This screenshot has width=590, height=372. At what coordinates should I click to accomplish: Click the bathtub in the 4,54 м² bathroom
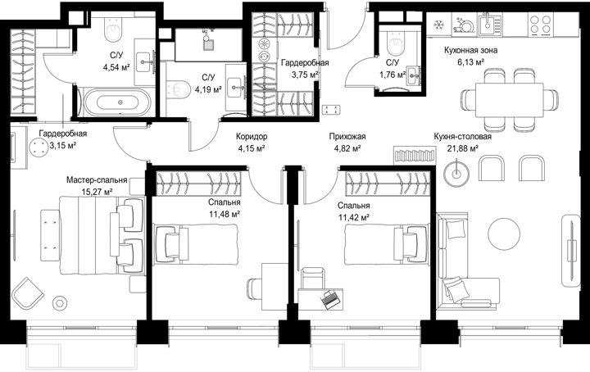pos(117,102)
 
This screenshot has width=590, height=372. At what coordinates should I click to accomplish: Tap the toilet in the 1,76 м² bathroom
pos(396,43)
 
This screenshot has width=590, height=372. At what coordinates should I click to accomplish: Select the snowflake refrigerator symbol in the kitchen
pos(438,25)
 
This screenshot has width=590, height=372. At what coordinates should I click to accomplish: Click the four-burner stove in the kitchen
pos(540,24)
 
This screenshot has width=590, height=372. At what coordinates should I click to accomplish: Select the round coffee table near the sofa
pos(504,234)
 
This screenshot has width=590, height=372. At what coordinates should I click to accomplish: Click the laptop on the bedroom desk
pos(331,299)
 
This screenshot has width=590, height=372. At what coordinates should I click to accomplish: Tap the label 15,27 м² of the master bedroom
pos(97,192)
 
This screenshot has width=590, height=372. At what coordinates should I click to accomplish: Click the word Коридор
pos(252,136)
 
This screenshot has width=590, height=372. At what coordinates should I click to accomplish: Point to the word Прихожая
pos(347,136)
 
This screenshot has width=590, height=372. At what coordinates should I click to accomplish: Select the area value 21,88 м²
pos(463,148)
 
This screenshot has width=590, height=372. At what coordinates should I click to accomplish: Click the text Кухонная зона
pos(470,50)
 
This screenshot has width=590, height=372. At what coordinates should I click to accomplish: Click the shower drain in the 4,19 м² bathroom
pos(208,45)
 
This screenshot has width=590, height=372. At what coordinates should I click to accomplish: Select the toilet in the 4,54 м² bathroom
pos(114,28)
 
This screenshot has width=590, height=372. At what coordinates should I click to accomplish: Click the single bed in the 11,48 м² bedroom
pos(196,243)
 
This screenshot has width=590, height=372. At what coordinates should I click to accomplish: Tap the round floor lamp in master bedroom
pos(59,302)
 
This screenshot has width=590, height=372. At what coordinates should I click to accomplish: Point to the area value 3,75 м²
pos(305,75)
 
